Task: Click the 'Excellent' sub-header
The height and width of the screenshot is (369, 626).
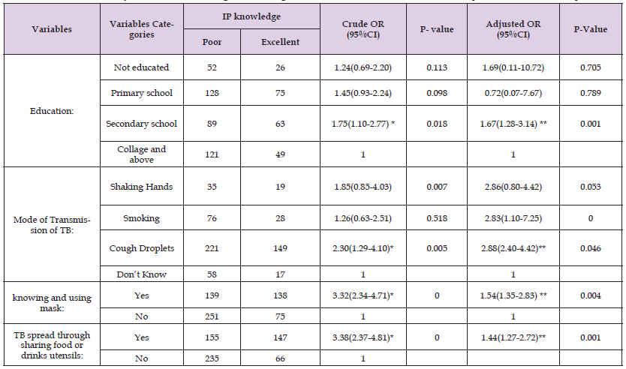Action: tap(280, 42)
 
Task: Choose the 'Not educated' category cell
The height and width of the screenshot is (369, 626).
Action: tap(141, 67)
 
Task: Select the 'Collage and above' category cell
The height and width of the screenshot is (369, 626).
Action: tap(141, 154)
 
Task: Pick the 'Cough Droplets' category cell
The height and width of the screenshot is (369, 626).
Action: tap(141, 248)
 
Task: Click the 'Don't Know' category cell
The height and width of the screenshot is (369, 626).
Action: tap(141, 274)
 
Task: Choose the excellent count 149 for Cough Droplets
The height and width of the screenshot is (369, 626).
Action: tap(280, 248)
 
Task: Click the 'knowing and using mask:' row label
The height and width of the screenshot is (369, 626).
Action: tap(51, 303)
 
